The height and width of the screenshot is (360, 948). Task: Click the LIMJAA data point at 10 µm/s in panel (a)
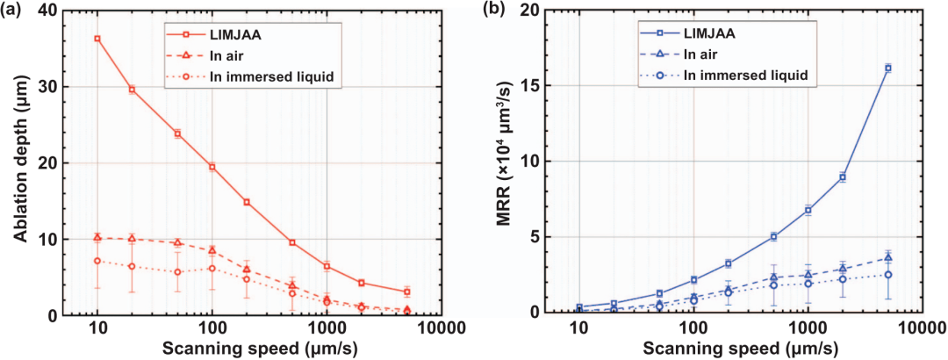click(97, 39)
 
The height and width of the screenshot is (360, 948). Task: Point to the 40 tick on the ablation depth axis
click(70, 11)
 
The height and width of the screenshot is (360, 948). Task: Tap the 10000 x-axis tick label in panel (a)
click(440, 328)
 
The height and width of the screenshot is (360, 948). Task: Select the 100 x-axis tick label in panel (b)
click(693, 328)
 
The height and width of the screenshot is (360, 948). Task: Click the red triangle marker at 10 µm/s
click(97, 237)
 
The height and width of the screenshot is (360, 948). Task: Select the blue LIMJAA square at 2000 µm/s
click(843, 176)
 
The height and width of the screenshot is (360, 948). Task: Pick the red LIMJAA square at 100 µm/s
click(212, 166)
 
